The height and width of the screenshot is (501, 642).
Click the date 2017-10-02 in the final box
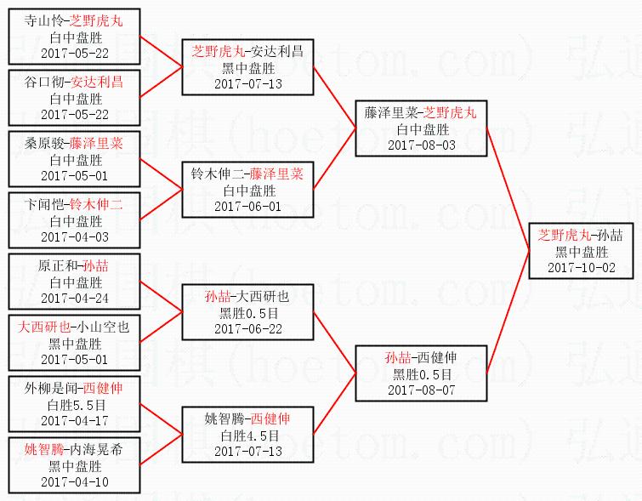click(x=581, y=267)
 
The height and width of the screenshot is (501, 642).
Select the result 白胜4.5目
click(x=247, y=436)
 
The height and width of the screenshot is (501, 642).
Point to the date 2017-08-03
click(x=422, y=145)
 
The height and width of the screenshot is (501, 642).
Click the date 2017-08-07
click(x=422, y=390)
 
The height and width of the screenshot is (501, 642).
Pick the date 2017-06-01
click(x=247, y=206)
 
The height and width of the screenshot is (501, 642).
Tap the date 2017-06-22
click(x=247, y=329)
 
